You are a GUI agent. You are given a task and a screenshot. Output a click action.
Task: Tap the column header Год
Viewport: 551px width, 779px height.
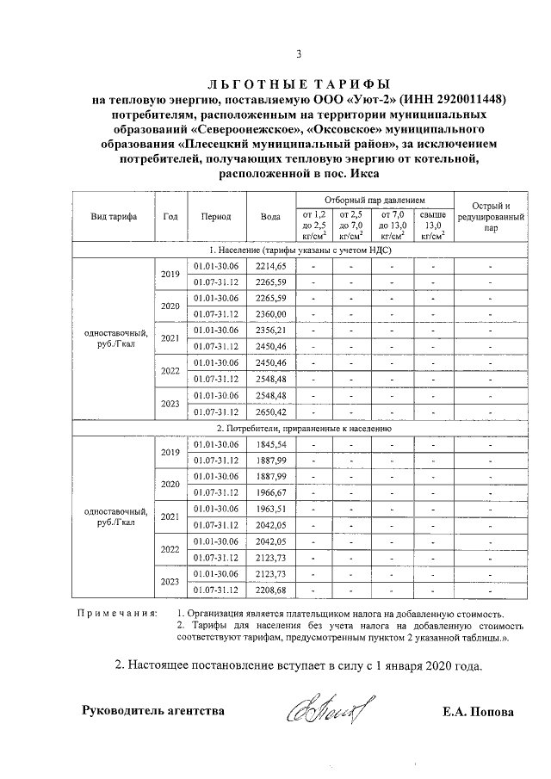170,217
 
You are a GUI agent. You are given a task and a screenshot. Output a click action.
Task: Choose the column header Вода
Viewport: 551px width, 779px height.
269,217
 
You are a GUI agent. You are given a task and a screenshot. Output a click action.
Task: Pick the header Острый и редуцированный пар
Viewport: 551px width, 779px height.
491,217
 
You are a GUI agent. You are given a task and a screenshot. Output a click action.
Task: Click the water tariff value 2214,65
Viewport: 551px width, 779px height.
269,266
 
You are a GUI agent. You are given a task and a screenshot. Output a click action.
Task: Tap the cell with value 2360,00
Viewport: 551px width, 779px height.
269,314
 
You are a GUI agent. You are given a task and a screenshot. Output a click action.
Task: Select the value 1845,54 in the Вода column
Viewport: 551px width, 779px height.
269,443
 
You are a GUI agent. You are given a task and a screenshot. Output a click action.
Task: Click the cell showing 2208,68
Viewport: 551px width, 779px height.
269,590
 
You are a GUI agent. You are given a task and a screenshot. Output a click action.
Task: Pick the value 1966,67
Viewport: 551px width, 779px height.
269,492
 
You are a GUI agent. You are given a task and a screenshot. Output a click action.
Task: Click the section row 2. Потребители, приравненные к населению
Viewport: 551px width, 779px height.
304,427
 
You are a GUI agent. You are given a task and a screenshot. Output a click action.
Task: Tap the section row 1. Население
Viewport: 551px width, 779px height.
304,250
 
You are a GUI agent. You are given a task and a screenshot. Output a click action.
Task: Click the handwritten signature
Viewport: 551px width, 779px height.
324,712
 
